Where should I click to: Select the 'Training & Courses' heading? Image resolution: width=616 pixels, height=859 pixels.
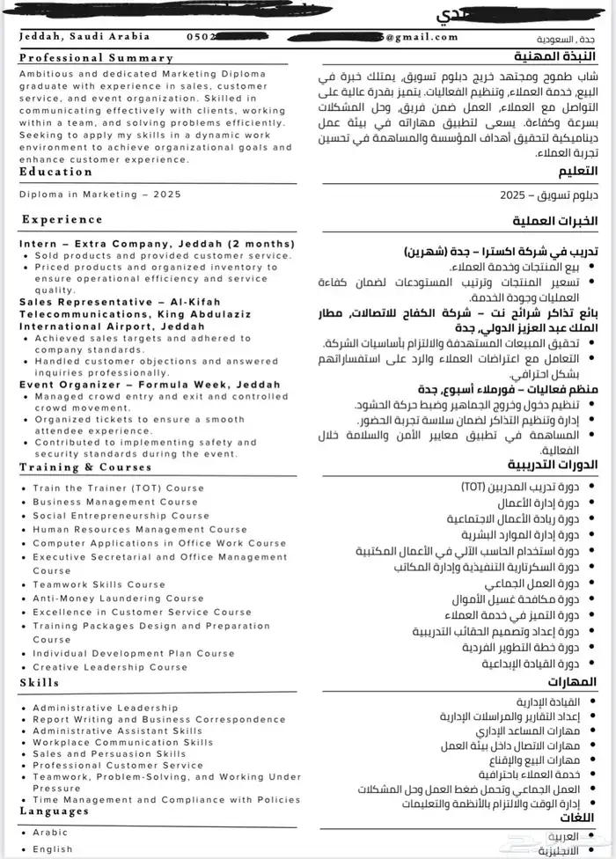(x=85, y=467)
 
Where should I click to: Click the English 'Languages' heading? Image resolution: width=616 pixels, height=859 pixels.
(x=54, y=811)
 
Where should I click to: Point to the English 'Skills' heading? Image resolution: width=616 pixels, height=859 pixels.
(x=39, y=682)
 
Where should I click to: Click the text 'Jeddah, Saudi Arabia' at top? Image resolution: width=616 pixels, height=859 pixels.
(x=84, y=37)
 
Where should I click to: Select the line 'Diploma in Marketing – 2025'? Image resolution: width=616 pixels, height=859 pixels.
(x=103, y=195)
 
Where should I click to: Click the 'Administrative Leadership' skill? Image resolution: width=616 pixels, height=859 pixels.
(x=105, y=708)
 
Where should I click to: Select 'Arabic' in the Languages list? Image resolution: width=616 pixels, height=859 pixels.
(x=50, y=832)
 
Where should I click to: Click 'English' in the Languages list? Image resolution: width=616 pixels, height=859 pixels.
(x=53, y=848)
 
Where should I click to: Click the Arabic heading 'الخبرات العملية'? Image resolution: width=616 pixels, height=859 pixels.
(x=554, y=221)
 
